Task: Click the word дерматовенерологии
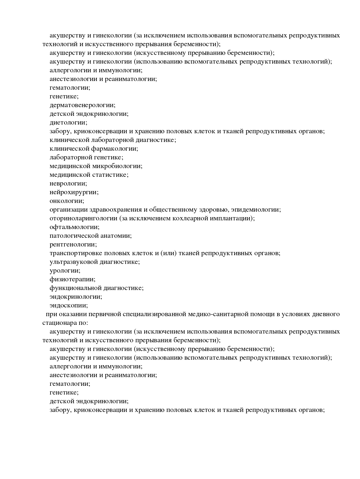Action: (x=82, y=105)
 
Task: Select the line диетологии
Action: (x=68, y=123)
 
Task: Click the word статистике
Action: (x=110, y=175)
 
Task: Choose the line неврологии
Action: (x=68, y=183)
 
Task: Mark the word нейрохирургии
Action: (x=74, y=192)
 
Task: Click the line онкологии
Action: (x=67, y=201)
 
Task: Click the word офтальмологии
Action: (x=74, y=227)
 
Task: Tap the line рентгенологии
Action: (x=73, y=244)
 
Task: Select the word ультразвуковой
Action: (x=74, y=262)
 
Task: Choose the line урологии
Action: (x=65, y=271)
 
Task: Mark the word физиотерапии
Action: (x=72, y=279)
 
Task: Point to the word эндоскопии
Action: (x=69, y=305)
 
